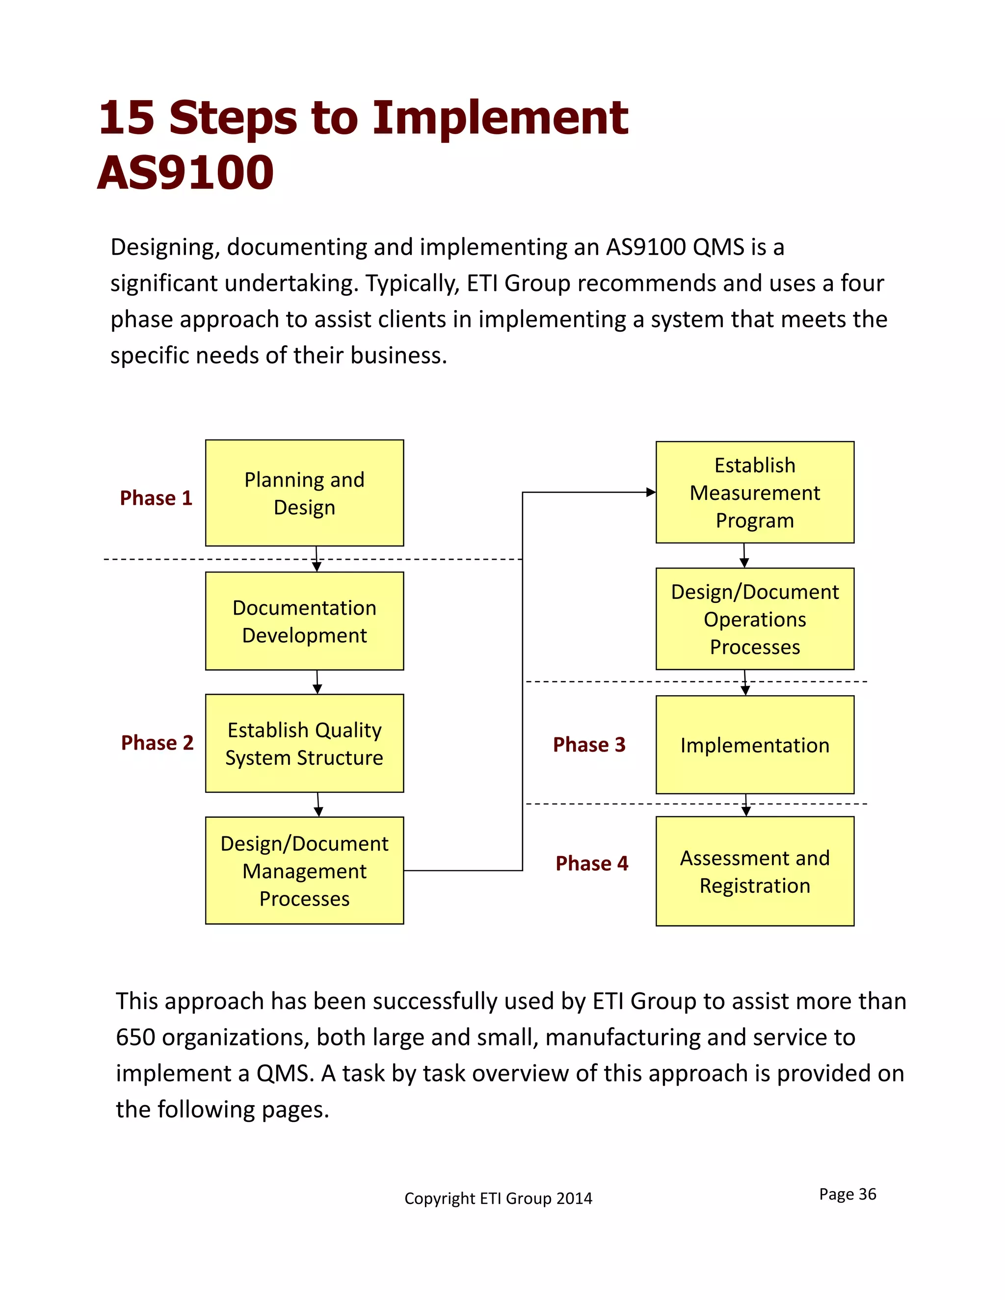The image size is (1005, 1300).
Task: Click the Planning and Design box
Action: pos(304,493)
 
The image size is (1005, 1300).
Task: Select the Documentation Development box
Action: pos(304,621)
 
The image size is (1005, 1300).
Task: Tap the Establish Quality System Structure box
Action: pos(304,743)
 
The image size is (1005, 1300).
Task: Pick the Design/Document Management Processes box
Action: pos(304,870)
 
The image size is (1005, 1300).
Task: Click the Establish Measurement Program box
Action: pos(754,492)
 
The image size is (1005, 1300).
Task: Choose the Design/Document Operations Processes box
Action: pos(754,619)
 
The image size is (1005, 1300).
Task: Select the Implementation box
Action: pos(754,745)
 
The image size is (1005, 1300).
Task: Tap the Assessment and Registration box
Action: pos(754,871)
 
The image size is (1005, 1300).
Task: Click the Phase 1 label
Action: pos(156,497)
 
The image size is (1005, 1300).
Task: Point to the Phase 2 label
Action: pos(157,742)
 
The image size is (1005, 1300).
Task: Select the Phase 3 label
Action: pos(589,744)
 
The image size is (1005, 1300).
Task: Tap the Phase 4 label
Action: pos(591,863)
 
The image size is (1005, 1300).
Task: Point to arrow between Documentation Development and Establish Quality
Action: pos(317,682)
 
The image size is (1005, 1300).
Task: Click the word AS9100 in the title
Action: pos(185,173)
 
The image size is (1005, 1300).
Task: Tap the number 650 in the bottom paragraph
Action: pos(136,1038)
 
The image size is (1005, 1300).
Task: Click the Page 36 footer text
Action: pos(847,1194)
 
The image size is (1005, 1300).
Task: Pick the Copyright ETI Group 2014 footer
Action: pos(498,1198)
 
